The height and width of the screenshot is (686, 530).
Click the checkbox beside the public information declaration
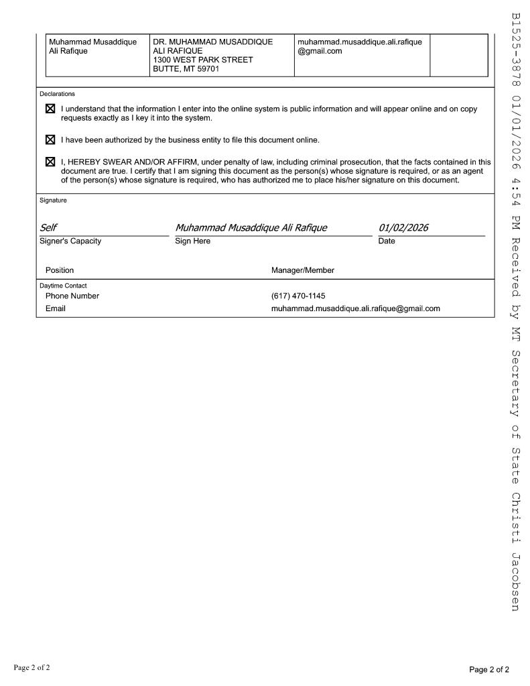pyautogui.click(x=50, y=109)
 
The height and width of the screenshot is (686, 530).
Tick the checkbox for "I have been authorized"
pyautogui.click(x=50, y=140)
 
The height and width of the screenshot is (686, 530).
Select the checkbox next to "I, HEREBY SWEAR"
pyautogui.click(x=50, y=162)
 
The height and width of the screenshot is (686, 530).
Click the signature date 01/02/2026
pyautogui.click(x=403, y=228)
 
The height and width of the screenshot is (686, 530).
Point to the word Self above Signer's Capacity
pyautogui.click(x=49, y=228)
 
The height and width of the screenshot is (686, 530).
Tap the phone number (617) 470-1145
pyautogui.click(x=298, y=296)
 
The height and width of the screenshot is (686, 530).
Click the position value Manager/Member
pyautogui.click(x=302, y=270)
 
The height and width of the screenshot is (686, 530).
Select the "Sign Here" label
pyautogui.click(x=192, y=241)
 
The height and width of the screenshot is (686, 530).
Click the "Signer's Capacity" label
pyautogui.click(x=70, y=241)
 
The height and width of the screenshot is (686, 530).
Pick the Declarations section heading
pyautogui.click(x=57, y=94)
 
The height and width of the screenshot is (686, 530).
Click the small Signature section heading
pyautogui.click(x=53, y=200)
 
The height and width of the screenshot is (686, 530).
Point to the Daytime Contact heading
pyautogui.click(x=63, y=286)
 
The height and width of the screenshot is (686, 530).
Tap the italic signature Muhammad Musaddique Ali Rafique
pyautogui.click(x=251, y=228)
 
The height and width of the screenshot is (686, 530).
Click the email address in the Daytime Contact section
pyautogui.click(x=355, y=309)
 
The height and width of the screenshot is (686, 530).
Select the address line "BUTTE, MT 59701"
pyautogui.click(x=186, y=69)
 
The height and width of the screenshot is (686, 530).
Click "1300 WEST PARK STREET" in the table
pyautogui.click(x=202, y=60)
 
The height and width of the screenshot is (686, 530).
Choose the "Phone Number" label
pyautogui.click(x=72, y=296)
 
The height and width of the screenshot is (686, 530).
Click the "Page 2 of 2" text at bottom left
pyautogui.click(x=31, y=668)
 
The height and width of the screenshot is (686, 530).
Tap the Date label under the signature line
pyautogui.click(x=387, y=241)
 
